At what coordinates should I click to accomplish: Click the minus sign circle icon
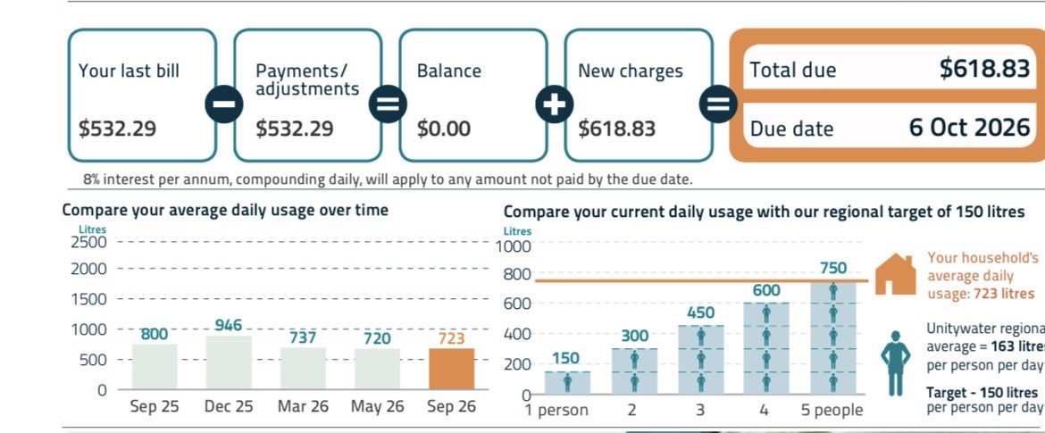(224, 104)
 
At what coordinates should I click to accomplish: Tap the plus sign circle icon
(555, 104)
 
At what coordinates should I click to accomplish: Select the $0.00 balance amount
(444, 129)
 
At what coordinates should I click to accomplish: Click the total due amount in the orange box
(984, 68)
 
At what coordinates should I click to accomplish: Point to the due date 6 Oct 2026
(970, 127)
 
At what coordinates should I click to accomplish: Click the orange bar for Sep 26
(451, 369)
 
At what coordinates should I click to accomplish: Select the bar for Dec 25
(229, 362)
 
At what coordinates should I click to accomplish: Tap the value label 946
(229, 325)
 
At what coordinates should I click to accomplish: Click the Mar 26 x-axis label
(304, 406)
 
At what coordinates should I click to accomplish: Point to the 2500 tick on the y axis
(88, 242)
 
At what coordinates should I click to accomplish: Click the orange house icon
(895, 274)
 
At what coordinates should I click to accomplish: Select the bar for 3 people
(700, 360)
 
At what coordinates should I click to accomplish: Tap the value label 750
(833, 268)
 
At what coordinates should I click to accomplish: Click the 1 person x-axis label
(556, 410)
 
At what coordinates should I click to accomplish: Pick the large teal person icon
(895, 363)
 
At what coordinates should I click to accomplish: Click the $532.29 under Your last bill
(117, 129)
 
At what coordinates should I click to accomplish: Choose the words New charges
(631, 71)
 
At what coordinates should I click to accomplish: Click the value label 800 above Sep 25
(154, 334)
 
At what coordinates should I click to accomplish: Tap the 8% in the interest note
(92, 179)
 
